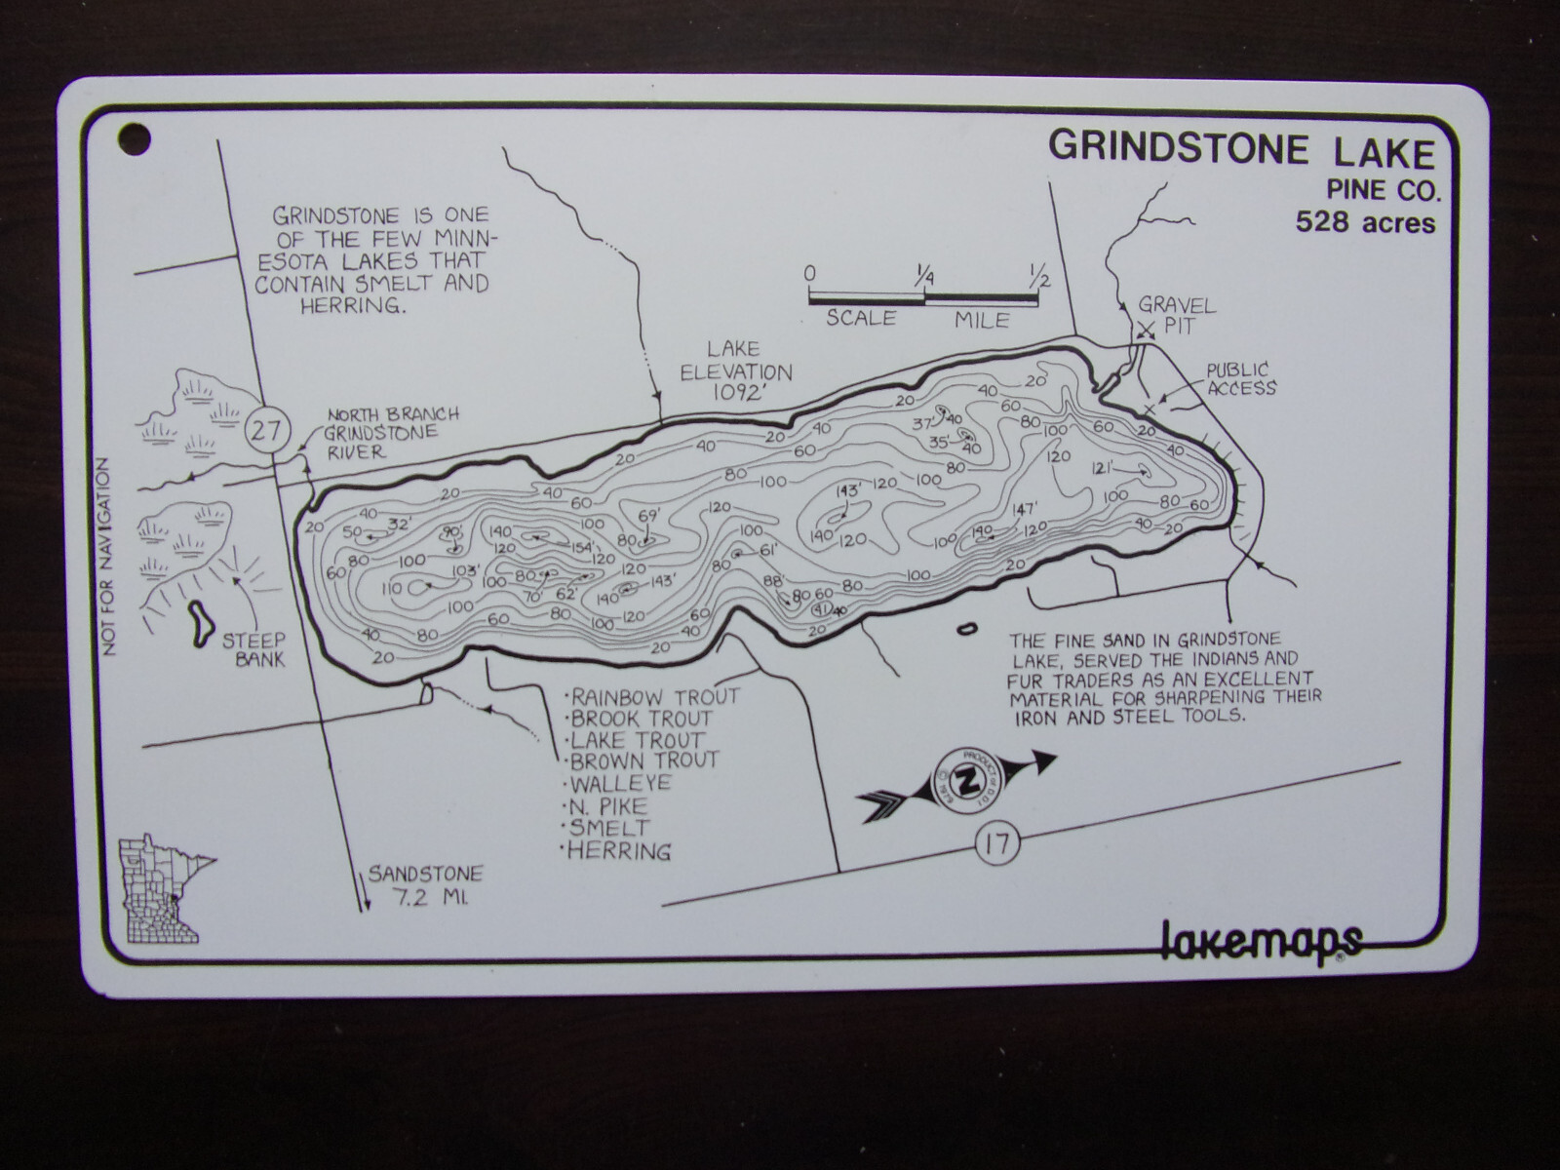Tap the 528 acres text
coord(1365,223)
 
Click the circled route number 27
coord(266,430)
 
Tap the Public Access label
coord(1238,378)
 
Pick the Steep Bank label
coord(253,649)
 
